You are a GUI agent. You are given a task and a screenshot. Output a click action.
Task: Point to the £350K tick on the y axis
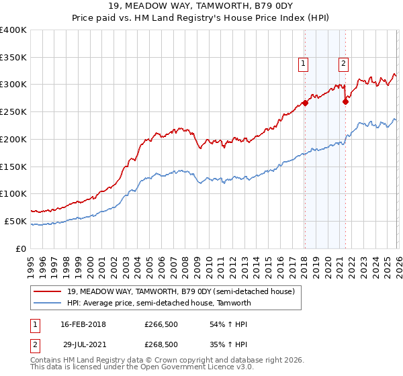[13, 57]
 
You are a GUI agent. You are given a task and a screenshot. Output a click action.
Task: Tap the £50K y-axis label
[15, 221]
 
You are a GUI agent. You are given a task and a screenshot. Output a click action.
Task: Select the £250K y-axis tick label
[13, 111]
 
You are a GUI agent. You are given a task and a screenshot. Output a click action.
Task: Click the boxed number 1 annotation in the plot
[304, 64]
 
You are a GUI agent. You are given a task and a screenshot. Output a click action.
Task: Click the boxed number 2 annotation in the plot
[343, 64]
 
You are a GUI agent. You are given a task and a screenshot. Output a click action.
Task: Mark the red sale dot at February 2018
[304, 103]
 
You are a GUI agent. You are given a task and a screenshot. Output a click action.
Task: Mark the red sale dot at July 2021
[345, 101]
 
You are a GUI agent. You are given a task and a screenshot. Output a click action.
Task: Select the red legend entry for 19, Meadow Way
[181, 291]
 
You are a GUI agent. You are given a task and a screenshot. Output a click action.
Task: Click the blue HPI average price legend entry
[159, 303]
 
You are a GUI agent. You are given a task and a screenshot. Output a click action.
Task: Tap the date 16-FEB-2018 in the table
[83, 324]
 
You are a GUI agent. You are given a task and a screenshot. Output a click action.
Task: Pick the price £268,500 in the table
[161, 344]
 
